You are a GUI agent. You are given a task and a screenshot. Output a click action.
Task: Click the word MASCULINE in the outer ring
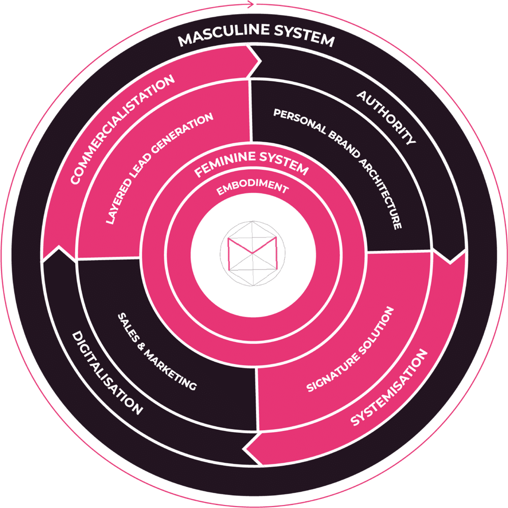[x=219, y=38]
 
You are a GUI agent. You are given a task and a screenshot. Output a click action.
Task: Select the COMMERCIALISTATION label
[x=122, y=130]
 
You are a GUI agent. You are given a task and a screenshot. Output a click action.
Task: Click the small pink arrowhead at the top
[x=250, y=5]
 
